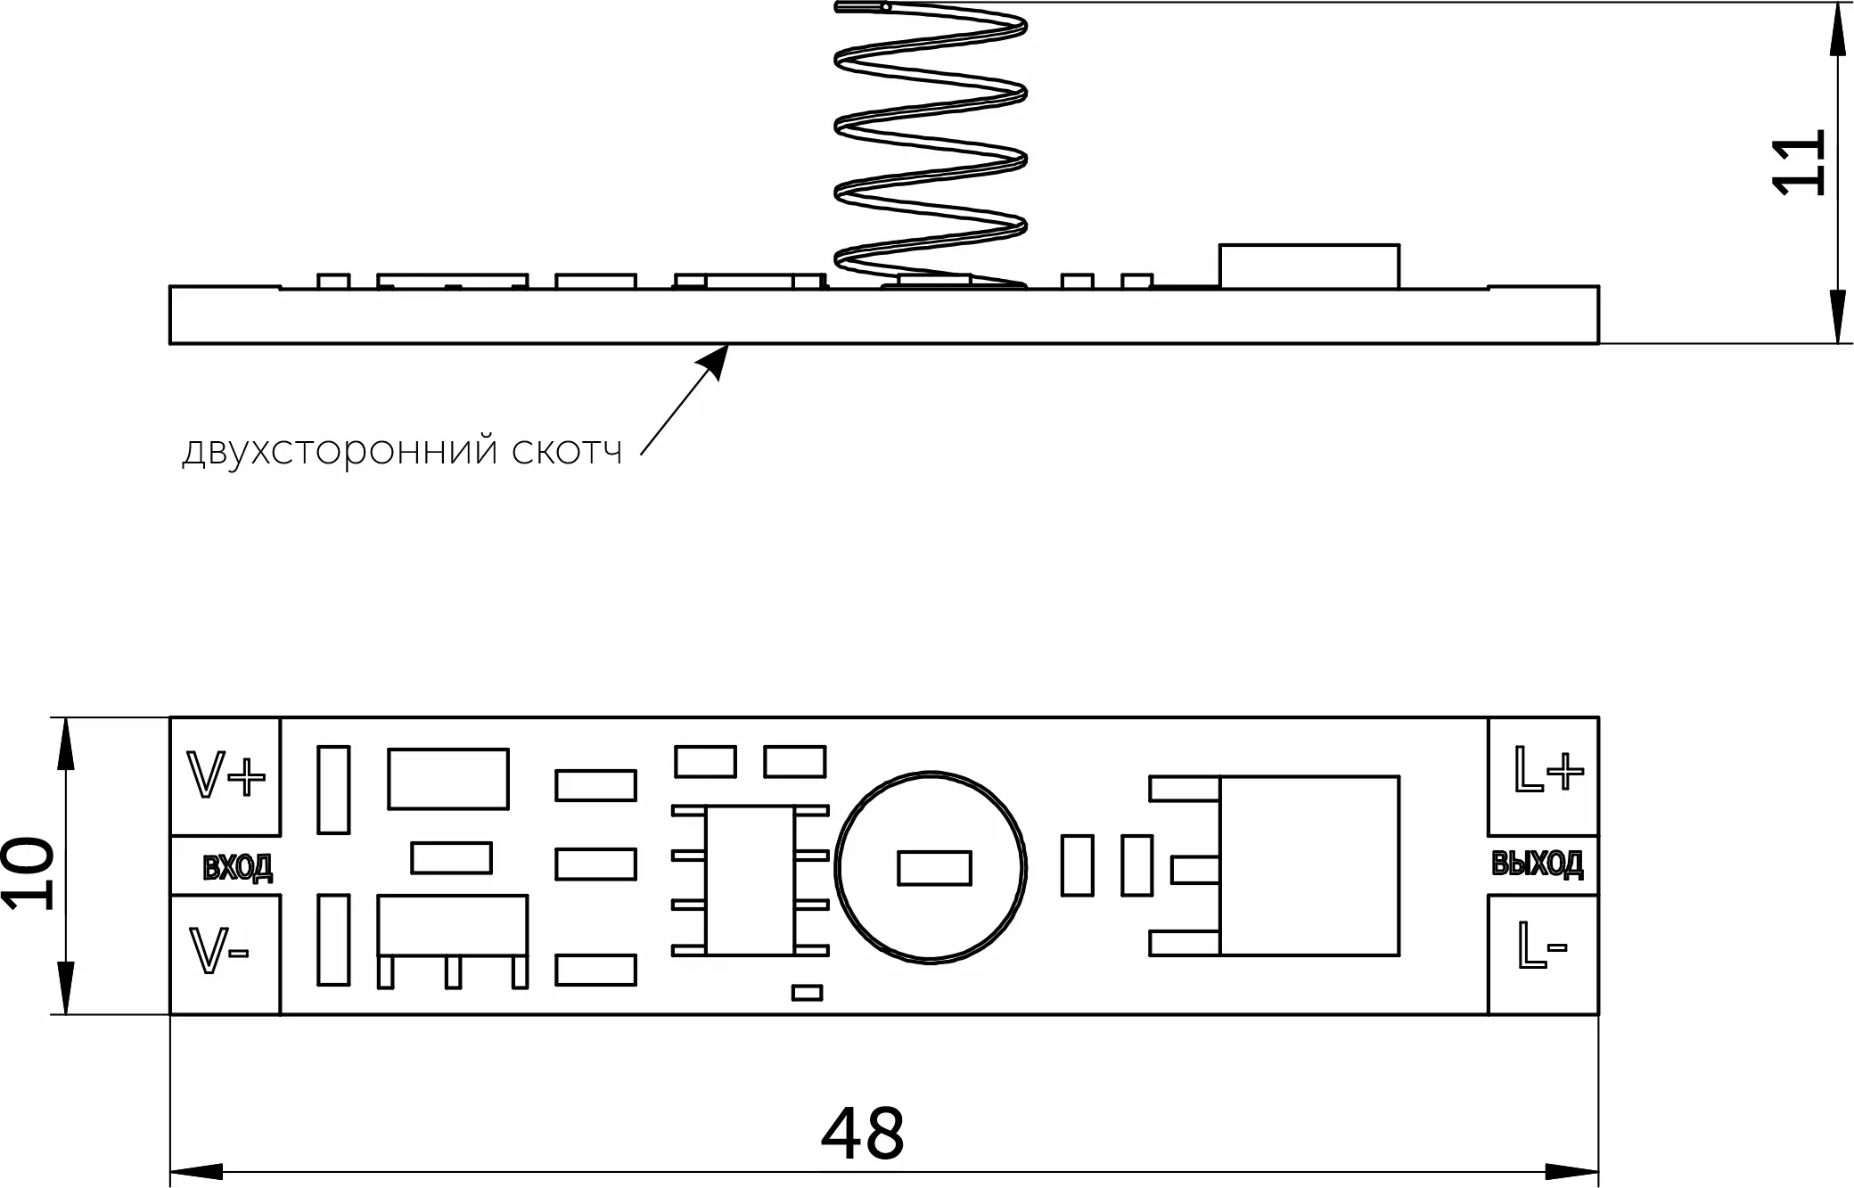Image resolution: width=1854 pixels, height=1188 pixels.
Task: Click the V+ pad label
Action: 225,774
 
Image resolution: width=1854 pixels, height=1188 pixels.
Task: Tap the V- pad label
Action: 219,951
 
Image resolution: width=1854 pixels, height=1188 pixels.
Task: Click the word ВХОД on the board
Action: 237,867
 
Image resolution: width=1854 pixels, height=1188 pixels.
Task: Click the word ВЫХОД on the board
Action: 1538,864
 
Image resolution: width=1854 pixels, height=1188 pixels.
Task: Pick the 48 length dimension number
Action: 862,1135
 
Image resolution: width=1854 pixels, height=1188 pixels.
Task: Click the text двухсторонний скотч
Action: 402,452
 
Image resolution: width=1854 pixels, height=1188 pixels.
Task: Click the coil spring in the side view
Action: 931,143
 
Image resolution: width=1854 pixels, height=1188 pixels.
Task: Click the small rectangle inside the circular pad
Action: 934,868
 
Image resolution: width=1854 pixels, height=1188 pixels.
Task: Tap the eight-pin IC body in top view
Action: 750,881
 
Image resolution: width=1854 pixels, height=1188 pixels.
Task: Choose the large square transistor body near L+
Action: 1308,865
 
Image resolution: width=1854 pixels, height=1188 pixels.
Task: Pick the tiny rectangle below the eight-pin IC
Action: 807,993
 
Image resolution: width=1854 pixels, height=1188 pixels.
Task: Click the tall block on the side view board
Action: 1308,266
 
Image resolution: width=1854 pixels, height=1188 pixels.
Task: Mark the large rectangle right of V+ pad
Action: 447,779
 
